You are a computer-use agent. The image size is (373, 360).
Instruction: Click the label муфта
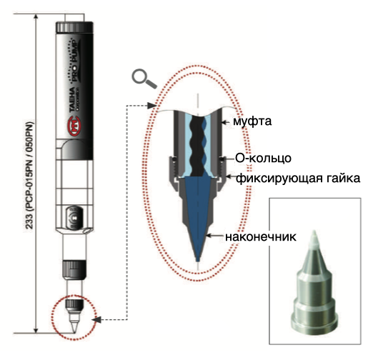[252, 121]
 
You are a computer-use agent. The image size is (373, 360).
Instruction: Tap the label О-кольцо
[263, 158]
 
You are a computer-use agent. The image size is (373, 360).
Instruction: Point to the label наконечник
[261, 236]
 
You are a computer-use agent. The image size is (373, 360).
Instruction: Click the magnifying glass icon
[144, 79]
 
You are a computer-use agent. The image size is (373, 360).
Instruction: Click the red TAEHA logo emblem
[74, 126]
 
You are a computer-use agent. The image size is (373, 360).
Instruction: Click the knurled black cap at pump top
[74, 27]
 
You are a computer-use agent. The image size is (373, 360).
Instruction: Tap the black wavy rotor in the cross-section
[197, 145]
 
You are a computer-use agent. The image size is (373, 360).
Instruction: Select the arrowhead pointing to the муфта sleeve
[224, 122]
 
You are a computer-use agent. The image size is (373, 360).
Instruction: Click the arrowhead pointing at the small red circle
[97, 319]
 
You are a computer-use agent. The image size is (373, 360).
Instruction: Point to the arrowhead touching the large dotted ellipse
[151, 105]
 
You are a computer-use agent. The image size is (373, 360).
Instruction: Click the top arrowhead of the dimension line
[36, 16]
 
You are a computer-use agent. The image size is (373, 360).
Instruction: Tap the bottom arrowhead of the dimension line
[36, 330]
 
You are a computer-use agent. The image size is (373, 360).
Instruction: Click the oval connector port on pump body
[74, 218]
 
